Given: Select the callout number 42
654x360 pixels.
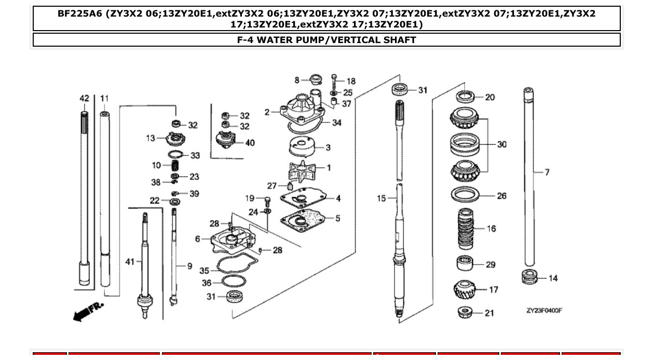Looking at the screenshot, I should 84,99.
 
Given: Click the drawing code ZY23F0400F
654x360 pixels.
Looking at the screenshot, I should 544,311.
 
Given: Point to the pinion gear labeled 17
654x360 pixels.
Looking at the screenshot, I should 465,289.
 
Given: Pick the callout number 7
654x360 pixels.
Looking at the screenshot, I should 547,172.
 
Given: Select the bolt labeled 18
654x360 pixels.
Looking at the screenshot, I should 334,81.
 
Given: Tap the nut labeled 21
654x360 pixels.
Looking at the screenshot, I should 465,312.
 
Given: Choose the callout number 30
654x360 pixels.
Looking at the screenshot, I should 501,145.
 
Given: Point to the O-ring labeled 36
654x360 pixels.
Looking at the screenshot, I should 233,283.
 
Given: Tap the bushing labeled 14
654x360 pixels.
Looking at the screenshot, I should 529,277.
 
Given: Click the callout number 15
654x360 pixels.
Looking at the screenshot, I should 382,198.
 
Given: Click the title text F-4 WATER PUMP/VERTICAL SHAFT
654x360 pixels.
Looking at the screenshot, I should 326,40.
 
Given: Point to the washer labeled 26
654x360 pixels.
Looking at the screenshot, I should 465,196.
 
